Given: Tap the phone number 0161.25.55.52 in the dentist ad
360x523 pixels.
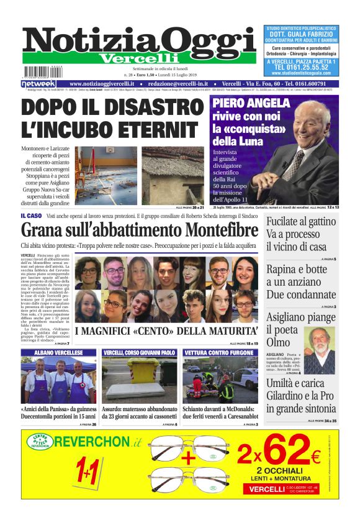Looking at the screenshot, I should [301, 68].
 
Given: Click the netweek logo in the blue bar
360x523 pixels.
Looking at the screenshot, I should [38, 83].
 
